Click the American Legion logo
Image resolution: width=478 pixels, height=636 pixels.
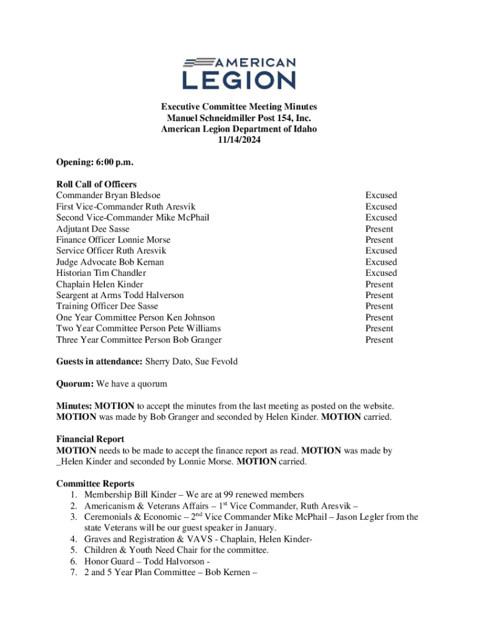tap(239, 73)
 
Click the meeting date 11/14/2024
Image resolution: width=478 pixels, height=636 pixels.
tap(239, 140)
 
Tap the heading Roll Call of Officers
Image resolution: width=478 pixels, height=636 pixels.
tap(96, 184)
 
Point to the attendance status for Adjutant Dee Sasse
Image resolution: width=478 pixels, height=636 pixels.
tap(379, 229)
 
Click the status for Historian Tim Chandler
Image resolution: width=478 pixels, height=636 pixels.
tap(381, 273)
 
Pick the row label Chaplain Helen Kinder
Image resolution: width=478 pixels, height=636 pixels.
tap(99, 284)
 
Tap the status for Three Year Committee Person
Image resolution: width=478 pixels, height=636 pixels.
tap(379, 340)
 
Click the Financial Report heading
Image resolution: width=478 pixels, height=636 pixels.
tap(90, 439)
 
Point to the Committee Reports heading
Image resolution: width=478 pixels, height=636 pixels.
tap(95, 484)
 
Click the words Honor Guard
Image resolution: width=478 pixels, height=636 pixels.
tap(109, 561)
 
